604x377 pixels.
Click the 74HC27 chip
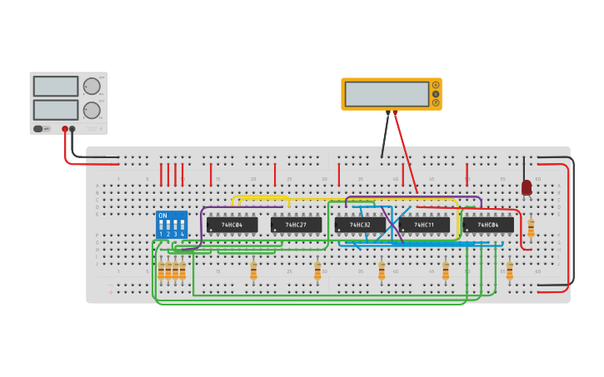pos(296,225)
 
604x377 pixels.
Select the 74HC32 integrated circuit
pos(360,225)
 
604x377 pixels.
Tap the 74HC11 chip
pos(424,225)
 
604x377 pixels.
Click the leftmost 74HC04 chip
pos(232,225)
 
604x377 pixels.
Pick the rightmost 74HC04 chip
pos(488,225)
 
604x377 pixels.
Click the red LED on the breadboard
pos(527,188)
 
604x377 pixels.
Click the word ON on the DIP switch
pos(162,216)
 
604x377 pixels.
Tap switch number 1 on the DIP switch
pos(161,227)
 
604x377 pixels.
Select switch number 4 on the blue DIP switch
pos(182,227)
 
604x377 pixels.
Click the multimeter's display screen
pos(387,94)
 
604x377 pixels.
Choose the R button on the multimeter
pos(435,103)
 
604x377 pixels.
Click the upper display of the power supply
pos(56,86)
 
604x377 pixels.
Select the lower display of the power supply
pos(56,110)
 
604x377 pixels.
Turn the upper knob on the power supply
pos(92,86)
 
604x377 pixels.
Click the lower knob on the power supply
pos(92,110)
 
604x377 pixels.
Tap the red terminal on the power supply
pos(64,129)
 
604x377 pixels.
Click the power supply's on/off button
pos(39,129)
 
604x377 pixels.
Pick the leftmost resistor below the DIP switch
pos(161,270)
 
